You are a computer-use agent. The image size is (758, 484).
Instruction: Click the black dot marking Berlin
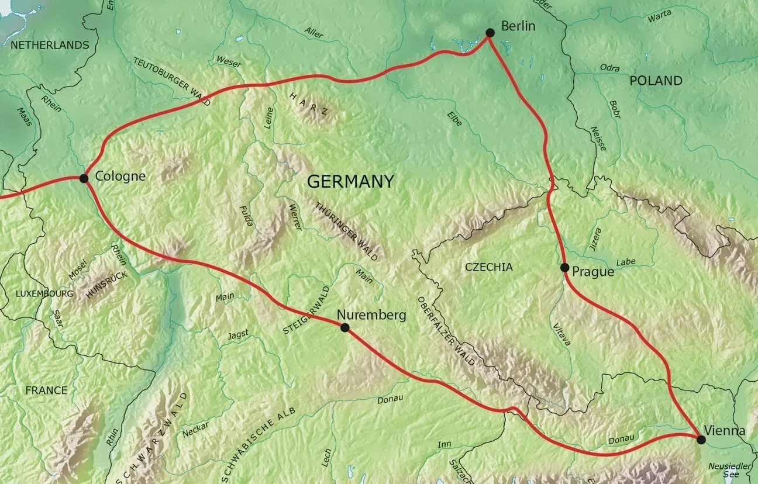coord(490,33)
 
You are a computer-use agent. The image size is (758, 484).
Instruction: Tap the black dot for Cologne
coord(84,178)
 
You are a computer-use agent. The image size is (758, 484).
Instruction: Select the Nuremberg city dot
coord(344,328)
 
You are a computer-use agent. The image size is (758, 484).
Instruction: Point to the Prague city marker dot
coord(564,268)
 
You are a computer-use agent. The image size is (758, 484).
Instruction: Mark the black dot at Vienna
coord(701,440)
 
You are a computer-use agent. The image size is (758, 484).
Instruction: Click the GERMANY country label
coord(350,182)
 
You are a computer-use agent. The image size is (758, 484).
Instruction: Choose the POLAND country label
coord(656,81)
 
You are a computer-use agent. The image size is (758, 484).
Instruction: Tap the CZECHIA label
coord(488,267)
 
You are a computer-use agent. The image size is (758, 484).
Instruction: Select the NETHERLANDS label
coord(50,45)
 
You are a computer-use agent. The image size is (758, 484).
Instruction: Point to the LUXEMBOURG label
coord(44,293)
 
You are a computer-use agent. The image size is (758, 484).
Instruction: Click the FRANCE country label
coord(46,390)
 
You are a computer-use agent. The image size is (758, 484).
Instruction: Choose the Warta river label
coord(660,16)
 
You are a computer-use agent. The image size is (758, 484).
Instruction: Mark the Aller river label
coord(313,33)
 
